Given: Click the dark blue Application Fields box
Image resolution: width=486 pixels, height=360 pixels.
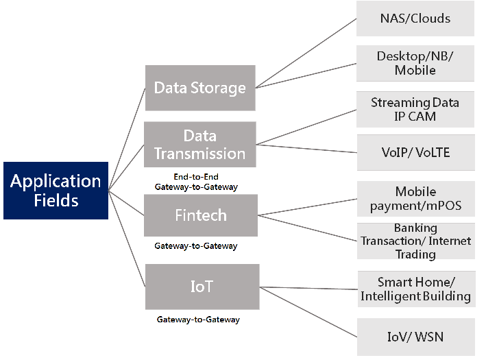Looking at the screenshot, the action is tap(56, 191).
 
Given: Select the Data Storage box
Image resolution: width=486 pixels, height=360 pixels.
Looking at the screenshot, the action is tap(200, 88).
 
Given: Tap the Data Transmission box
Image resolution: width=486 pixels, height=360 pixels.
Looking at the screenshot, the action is tap(200, 145).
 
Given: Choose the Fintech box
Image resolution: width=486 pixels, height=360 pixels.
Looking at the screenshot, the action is tap(201, 215).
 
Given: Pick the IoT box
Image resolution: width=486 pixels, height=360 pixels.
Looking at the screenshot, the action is tap(202, 287).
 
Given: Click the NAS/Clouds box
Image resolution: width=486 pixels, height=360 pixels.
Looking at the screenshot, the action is tap(415, 19).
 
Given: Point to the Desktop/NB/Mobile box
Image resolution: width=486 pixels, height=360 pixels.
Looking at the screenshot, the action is tap(415, 63).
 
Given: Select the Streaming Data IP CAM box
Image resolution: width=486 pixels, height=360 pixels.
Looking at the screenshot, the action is tap(415, 109).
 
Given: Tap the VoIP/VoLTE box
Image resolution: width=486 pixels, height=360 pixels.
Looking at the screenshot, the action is tap(415, 152).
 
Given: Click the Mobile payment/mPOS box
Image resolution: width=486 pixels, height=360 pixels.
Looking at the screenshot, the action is tap(415, 199).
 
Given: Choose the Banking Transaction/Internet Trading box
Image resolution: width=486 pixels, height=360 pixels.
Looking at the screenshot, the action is tap(415, 241).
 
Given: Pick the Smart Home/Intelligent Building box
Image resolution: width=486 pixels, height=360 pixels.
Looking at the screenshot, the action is tap(416, 289).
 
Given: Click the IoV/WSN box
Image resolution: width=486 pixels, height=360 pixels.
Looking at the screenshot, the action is tap(415, 337).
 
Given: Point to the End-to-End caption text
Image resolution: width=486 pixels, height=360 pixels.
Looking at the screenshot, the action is tap(196, 177).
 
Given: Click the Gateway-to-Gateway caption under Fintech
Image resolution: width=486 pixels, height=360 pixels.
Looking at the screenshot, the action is tap(196, 246).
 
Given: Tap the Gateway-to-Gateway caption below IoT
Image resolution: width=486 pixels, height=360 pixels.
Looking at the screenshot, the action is tap(198, 320).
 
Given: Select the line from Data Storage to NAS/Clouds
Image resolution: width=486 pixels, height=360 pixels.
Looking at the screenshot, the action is tap(306, 53).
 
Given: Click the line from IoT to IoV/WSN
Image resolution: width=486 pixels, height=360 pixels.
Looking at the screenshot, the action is tap(308, 312).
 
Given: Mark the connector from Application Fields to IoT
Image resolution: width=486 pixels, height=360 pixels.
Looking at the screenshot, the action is tap(127, 239).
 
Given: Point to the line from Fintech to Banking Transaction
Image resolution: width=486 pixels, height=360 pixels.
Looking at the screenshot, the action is tap(307, 228).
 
